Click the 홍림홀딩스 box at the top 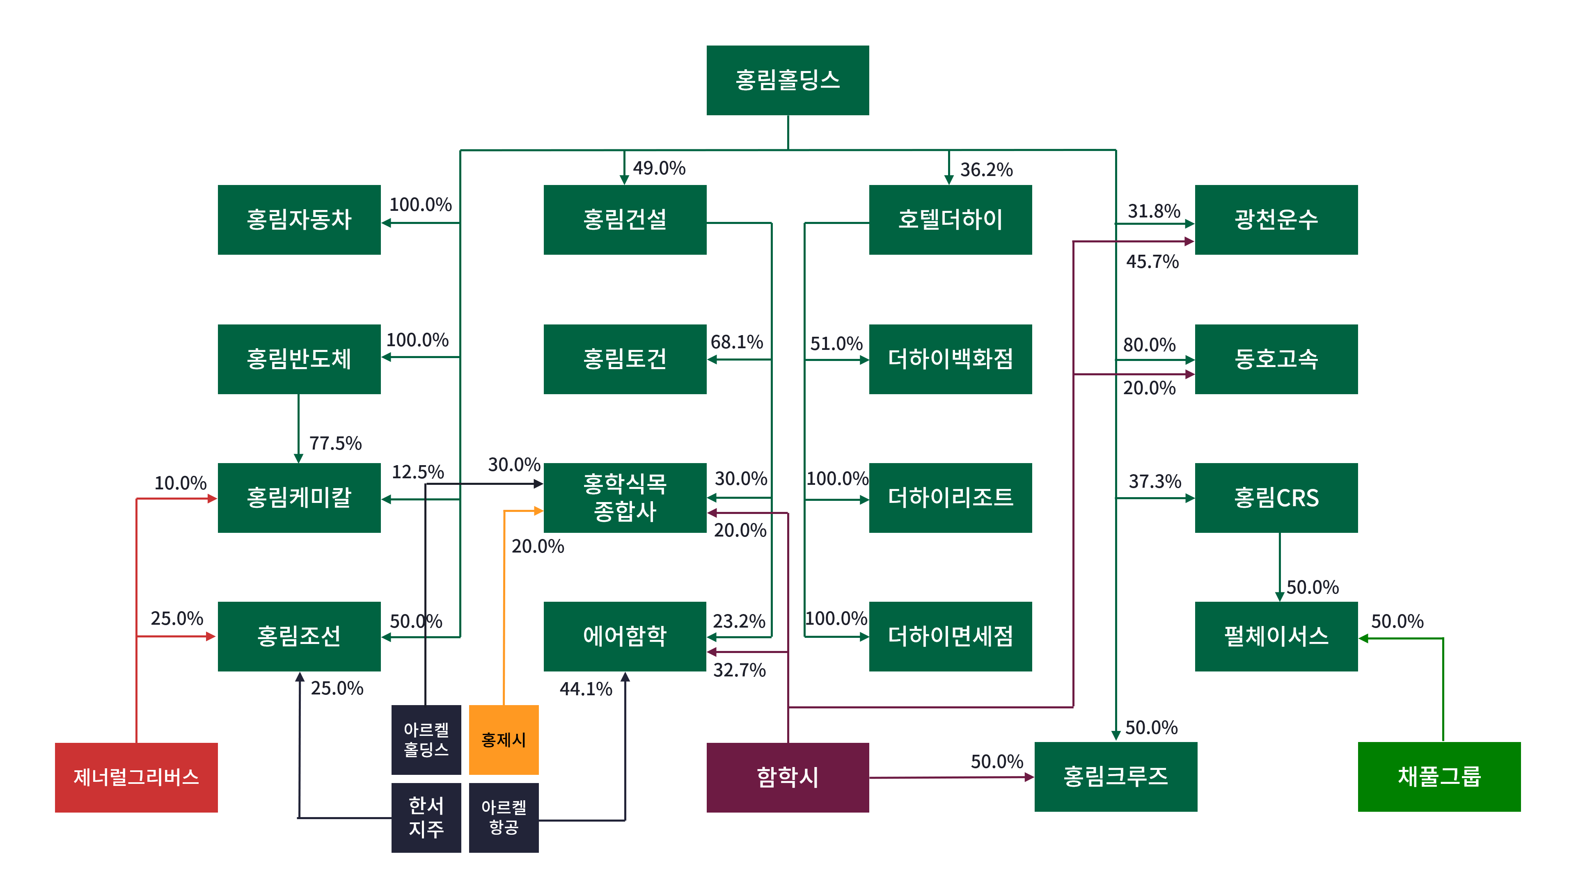click(788, 80)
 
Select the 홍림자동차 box click(299, 219)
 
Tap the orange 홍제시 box click(504, 740)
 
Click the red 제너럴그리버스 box click(136, 777)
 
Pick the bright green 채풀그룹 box click(1439, 776)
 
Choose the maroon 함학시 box click(788, 777)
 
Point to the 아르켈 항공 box click(504, 817)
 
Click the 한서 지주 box click(426, 817)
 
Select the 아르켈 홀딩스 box click(426, 740)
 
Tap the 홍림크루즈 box click(1116, 776)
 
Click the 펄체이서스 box click(1276, 637)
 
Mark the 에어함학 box click(625, 637)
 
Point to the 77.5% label click(335, 443)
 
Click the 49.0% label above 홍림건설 click(659, 168)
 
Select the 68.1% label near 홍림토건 click(737, 342)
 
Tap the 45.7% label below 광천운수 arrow click(1152, 262)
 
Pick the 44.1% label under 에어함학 click(586, 689)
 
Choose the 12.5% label click(418, 472)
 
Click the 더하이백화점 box click(950, 359)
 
